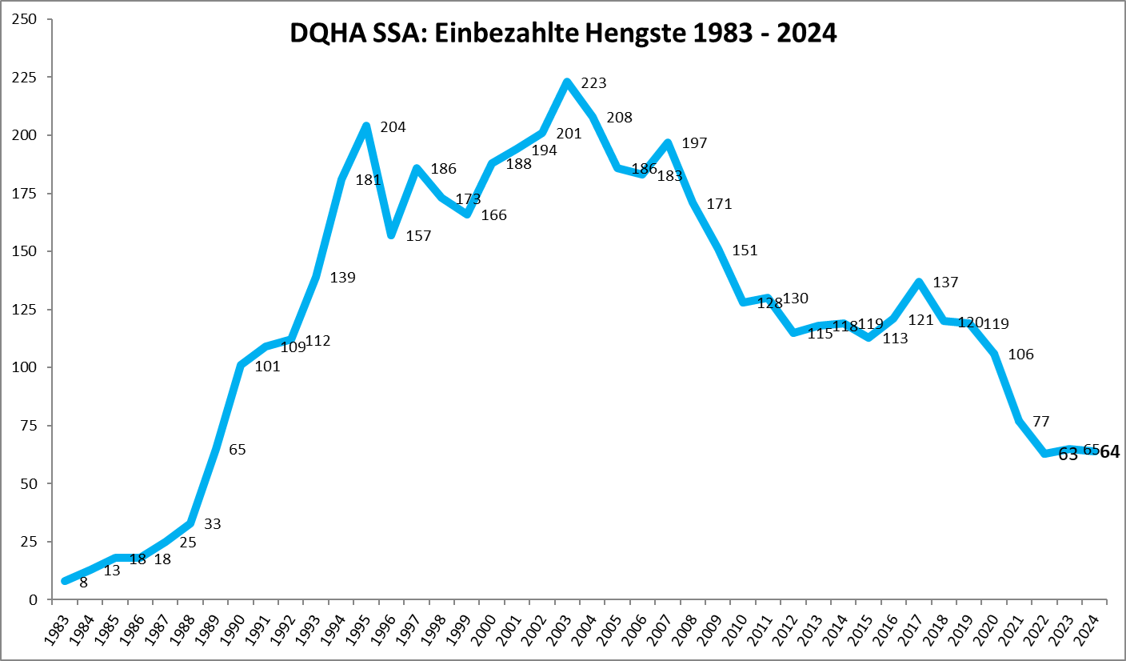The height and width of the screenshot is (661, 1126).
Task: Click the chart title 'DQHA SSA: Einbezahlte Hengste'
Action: tap(562, 33)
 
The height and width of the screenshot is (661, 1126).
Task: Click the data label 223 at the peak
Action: tap(593, 83)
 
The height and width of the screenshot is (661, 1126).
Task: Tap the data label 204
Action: tap(393, 126)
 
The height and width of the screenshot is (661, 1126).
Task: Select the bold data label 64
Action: tap(1110, 452)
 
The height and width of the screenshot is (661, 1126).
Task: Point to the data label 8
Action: tap(83, 583)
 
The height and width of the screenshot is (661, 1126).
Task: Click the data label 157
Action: tap(418, 236)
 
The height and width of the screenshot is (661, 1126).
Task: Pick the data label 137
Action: tap(944, 282)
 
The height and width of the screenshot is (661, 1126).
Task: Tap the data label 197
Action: tap(694, 143)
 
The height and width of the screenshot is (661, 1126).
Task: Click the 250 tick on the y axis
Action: tap(26, 19)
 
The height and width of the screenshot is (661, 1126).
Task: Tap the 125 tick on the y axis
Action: tap(26, 310)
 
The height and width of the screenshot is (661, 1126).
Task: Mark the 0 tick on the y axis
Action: tap(33, 600)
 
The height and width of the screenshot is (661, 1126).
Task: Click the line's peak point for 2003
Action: tap(567, 82)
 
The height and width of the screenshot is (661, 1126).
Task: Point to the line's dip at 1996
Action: tap(391, 235)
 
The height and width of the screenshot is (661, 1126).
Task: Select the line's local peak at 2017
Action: tap(919, 282)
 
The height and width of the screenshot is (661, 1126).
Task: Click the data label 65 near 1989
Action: tap(237, 450)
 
